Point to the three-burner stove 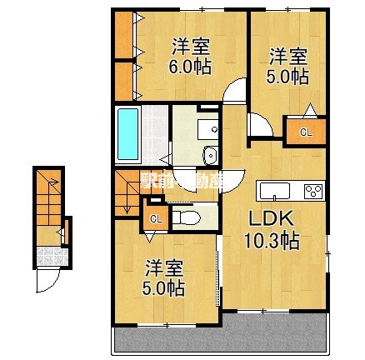[x=313, y=191]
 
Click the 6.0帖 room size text [x=191, y=67]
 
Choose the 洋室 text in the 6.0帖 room [x=191, y=46]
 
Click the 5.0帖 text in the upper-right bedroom [x=287, y=77]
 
